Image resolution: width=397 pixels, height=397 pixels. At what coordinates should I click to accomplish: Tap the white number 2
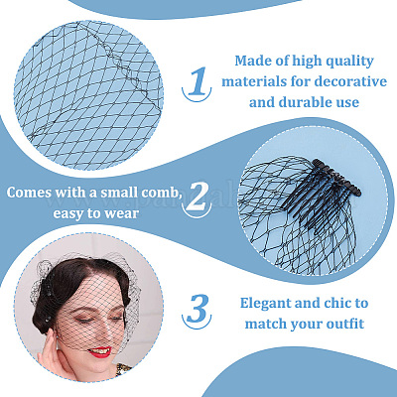pyautogui.click(x=198, y=197)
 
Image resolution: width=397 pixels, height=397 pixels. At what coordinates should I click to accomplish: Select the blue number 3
pyautogui.click(x=198, y=309)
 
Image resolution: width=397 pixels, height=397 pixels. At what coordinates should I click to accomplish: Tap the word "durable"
pyautogui.click(x=308, y=102)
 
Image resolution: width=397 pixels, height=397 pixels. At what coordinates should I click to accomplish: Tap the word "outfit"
pyautogui.click(x=345, y=324)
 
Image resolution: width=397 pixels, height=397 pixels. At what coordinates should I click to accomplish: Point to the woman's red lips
pyautogui.click(x=99, y=351)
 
